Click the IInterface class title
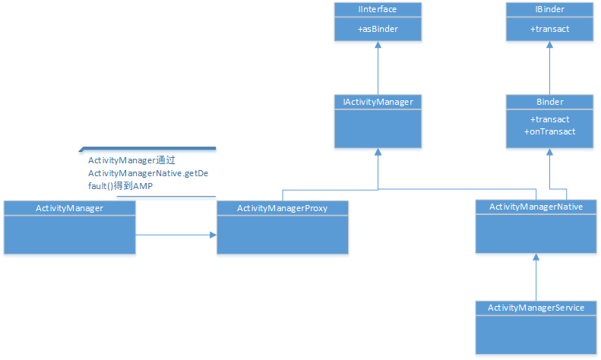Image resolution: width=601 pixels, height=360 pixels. [x=378, y=9]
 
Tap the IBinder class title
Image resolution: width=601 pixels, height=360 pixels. [x=549, y=9]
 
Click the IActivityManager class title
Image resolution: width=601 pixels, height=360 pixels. [x=378, y=101]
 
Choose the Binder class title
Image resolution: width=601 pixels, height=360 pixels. [x=549, y=101]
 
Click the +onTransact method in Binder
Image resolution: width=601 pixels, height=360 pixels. [x=549, y=131]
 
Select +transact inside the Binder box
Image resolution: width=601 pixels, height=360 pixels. [x=549, y=119]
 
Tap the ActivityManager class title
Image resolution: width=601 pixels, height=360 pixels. [x=69, y=207]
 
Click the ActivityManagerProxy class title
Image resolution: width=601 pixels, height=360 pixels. [x=282, y=207]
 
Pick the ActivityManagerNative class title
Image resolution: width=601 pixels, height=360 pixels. [x=536, y=207]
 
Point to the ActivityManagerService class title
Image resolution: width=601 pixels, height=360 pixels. [x=536, y=308]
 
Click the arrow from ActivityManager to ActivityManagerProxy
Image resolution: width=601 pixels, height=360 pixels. [x=176, y=235]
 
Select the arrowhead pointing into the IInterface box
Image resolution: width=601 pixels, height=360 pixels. [x=378, y=46]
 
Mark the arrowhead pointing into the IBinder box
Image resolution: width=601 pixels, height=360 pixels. [x=549, y=46]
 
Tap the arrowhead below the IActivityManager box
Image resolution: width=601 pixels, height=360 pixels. [x=378, y=153]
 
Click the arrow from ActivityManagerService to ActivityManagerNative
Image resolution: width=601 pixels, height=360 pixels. [x=536, y=277]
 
